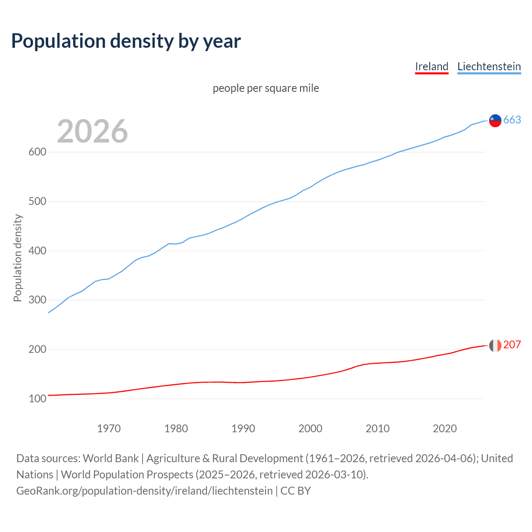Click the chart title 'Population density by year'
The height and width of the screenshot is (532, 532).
pyautogui.click(x=126, y=41)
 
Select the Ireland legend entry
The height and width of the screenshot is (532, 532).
pyautogui.click(x=431, y=66)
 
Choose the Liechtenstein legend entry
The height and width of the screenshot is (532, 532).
pyautogui.click(x=489, y=66)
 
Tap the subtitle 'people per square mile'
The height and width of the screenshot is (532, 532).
pyautogui.click(x=266, y=88)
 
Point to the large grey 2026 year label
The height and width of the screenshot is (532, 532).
pyautogui.click(x=92, y=131)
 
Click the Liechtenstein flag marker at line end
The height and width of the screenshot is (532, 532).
pyautogui.click(x=495, y=121)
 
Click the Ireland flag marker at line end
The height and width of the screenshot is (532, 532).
pyautogui.click(x=495, y=345)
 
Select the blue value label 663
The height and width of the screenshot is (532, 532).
pyautogui.click(x=512, y=120)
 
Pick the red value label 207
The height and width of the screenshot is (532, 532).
pyautogui.click(x=512, y=345)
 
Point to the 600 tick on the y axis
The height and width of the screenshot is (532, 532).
pyautogui.click(x=37, y=152)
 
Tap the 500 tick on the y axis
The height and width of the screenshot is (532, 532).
pyautogui.click(x=37, y=202)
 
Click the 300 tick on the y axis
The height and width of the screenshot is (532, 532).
pyautogui.click(x=37, y=300)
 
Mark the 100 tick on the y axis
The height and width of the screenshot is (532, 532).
pyautogui.click(x=37, y=399)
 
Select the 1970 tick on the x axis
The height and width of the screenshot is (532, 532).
pyautogui.click(x=109, y=429)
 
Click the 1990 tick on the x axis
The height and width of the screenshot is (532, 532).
pyautogui.click(x=243, y=429)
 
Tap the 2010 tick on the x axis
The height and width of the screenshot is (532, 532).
pyautogui.click(x=377, y=429)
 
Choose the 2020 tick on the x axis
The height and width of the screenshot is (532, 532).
pyautogui.click(x=445, y=429)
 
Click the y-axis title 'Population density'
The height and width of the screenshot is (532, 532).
pyautogui.click(x=17, y=258)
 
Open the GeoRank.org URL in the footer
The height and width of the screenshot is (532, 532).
pyautogui.click(x=144, y=491)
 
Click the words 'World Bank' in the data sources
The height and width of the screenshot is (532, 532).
pyautogui.click(x=111, y=458)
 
